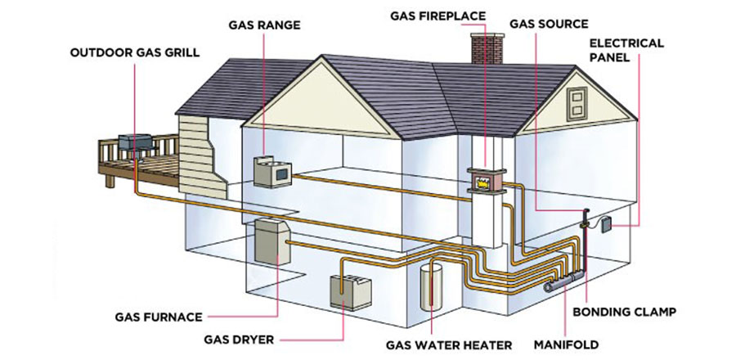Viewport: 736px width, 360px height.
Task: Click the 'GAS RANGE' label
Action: (264, 25)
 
